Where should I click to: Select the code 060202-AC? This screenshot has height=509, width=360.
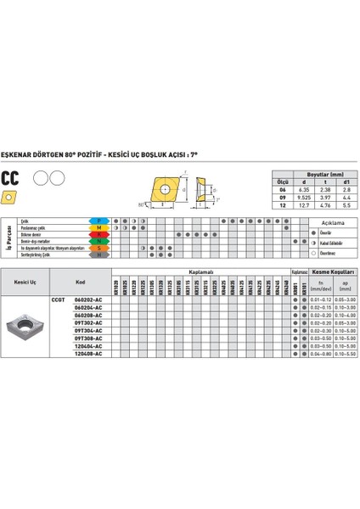tap(88, 299)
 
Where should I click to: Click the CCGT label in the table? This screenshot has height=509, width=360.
tap(59, 299)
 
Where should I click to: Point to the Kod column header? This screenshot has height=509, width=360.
tap(81, 282)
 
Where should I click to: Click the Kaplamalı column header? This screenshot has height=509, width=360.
tap(200, 271)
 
